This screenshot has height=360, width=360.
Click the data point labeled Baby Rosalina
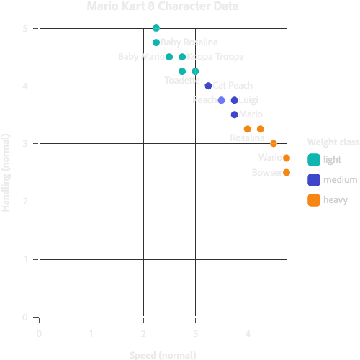pyautogui.click(x=156, y=42)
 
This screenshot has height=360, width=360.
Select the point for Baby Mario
pyautogui.click(x=169, y=57)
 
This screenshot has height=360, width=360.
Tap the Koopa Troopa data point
pyautogui.click(x=182, y=57)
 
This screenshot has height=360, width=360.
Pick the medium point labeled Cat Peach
pyautogui.click(x=208, y=86)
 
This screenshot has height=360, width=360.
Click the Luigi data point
pyautogui.click(x=235, y=100)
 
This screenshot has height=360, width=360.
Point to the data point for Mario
pyautogui.click(x=235, y=114)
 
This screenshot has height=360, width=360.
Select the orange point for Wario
pyautogui.click(x=287, y=158)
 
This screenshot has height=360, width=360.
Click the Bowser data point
pyautogui.click(x=287, y=172)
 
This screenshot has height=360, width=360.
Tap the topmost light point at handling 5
pyautogui.click(x=156, y=28)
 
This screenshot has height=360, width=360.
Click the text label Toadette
pyautogui.click(x=182, y=80)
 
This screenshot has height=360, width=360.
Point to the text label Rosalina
pyautogui.click(x=247, y=138)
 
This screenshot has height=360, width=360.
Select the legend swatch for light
pyautogui.click(x=313, y=159)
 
